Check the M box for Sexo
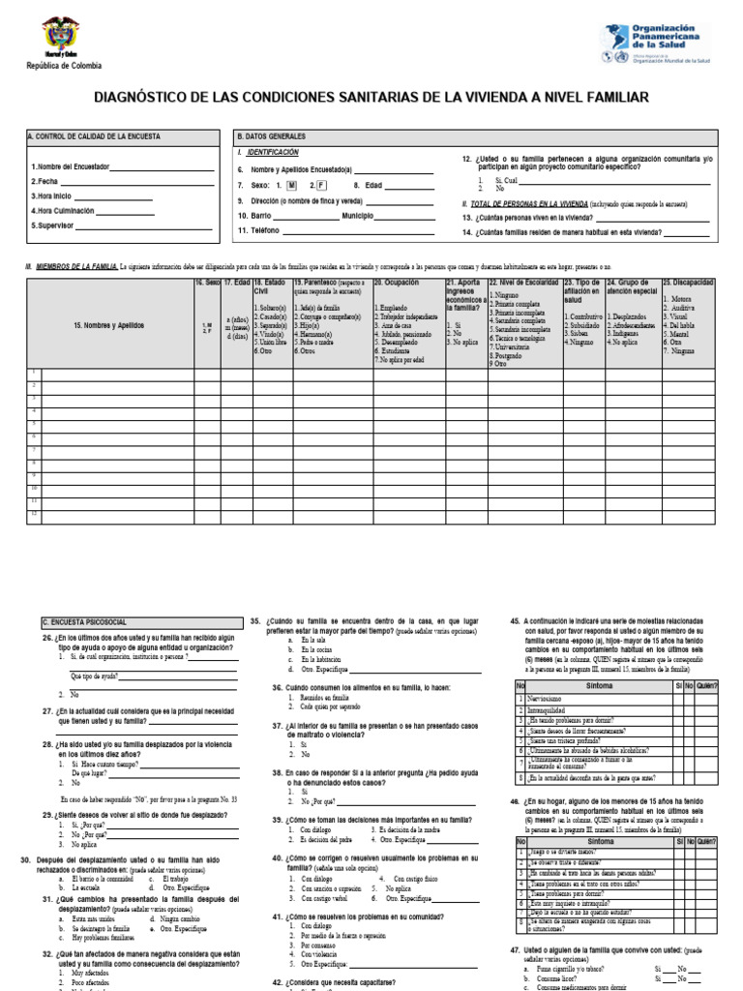[x=291, y=184]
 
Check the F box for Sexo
[x=322, y=184]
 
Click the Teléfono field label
[x=256, y=231]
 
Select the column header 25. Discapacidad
[x=688, y=283]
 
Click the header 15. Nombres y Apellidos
[x=108, y=326]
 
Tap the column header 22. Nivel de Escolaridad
[x=523, y=283]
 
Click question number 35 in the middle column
[x=256, y=619]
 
